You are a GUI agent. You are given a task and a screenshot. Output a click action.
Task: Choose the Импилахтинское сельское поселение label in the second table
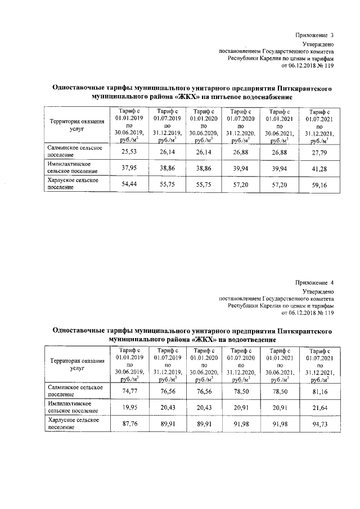[x=74, y=407]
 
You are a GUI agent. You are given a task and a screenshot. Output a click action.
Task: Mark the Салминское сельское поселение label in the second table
[x=75, y=391]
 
